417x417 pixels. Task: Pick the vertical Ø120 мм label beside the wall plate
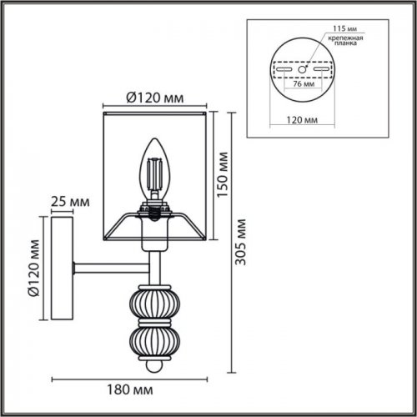coord(33,268)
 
